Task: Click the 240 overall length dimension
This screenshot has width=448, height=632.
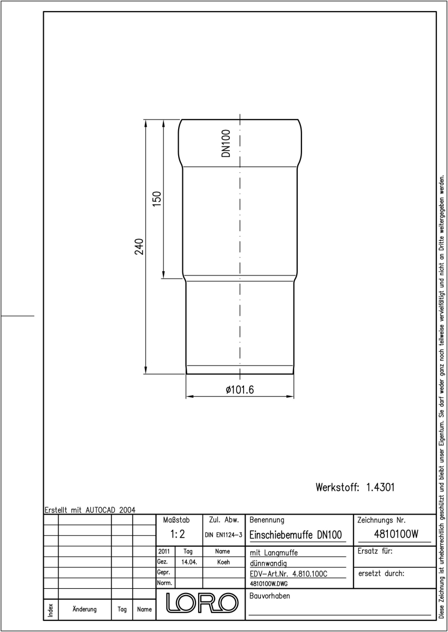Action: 139,246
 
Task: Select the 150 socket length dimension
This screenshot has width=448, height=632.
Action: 157,199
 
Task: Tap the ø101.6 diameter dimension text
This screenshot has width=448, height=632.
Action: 240,390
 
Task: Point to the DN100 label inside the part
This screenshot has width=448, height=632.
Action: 226,143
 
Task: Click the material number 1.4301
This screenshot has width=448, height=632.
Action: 380,487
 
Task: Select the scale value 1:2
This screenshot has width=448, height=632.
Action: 178,534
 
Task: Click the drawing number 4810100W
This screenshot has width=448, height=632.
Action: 396,534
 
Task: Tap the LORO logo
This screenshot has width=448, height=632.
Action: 202,603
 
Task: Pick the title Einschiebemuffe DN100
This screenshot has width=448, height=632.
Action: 296,535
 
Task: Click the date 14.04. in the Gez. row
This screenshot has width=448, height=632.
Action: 189,562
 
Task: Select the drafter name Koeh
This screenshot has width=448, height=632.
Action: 223,562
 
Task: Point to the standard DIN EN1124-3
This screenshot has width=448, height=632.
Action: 223,535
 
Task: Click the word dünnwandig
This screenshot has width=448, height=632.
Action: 268,564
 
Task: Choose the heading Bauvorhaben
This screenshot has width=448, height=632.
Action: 269,596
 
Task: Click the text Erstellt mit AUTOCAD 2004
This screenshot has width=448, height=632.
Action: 90,510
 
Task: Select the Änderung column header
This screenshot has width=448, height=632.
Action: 84,609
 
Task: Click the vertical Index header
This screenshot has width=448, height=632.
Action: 51,610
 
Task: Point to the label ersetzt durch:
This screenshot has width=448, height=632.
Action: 381,574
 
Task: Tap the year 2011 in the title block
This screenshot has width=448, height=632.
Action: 164,551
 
